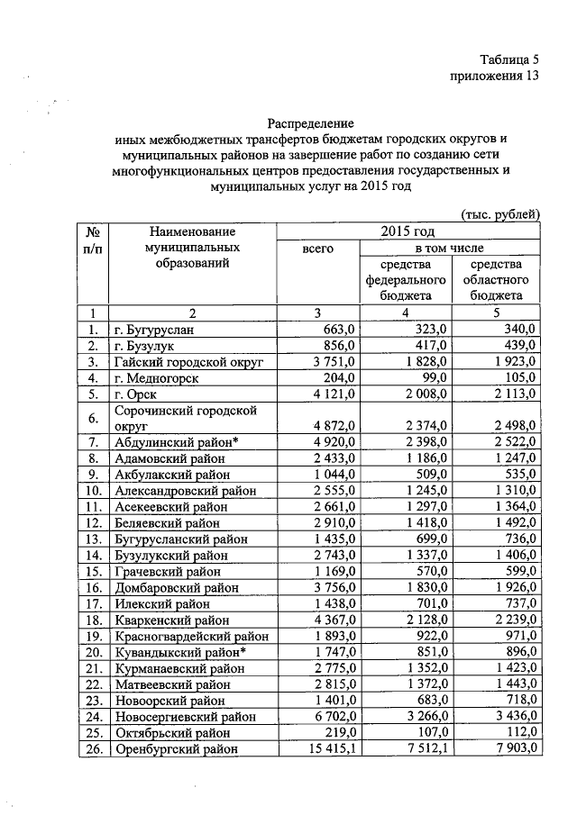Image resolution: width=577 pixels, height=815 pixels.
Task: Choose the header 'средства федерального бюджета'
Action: point(405,279)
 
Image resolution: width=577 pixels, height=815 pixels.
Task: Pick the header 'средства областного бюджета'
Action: point(495,279)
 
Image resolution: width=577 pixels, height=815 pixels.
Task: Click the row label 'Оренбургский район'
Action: point(177,748)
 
